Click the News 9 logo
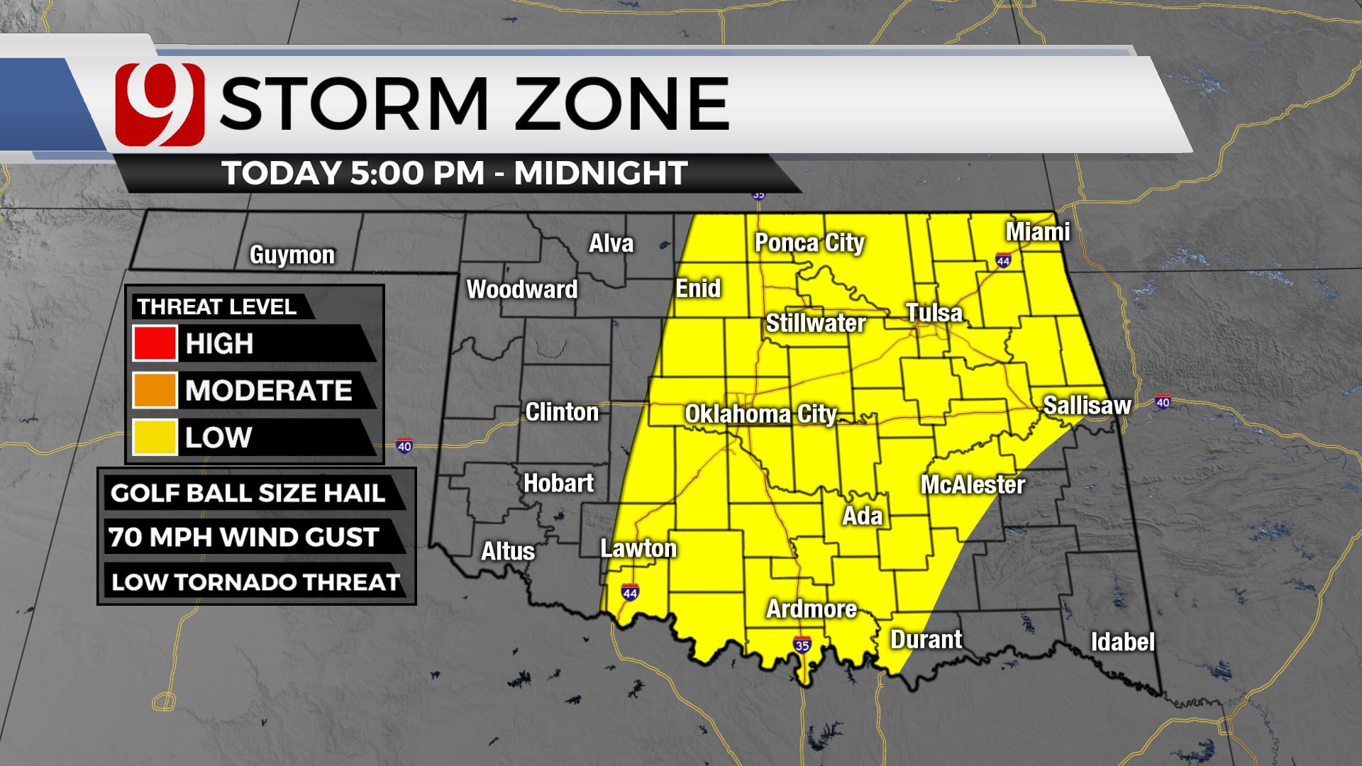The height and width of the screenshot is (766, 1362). [x=160, y=104]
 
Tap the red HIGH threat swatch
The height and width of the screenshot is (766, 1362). [x=155, y=343]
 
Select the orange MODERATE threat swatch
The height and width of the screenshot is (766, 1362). [x=155, y=390]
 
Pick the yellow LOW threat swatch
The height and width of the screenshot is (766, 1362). [x=155, y=437]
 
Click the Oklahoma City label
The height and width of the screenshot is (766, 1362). [x=760, y=414]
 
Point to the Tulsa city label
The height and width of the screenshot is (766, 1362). [x=934, y=313]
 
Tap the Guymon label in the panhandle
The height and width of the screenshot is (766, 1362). [x=292, y=255]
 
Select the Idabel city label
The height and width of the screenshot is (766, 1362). [x=1122, y=642]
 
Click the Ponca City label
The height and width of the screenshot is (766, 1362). [x=809, y=243]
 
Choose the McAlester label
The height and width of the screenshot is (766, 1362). [x=973, y=485]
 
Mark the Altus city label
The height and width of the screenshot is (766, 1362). [x=508, y=551]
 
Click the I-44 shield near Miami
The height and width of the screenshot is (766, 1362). [x=1002, y=260]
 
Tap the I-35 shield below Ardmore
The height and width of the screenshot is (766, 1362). [x=802, y=645]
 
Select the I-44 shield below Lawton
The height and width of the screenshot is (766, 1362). [x=629, y=592]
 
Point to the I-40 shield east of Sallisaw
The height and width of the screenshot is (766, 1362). [x=1163, y=402]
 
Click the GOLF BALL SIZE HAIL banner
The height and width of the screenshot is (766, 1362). [x=248, y=493]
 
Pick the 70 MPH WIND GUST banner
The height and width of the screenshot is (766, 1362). [x=244, y=537]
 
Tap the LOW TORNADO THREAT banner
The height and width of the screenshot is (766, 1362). [x=256, y=582]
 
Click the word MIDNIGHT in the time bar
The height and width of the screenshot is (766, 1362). [x=601, y=173]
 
